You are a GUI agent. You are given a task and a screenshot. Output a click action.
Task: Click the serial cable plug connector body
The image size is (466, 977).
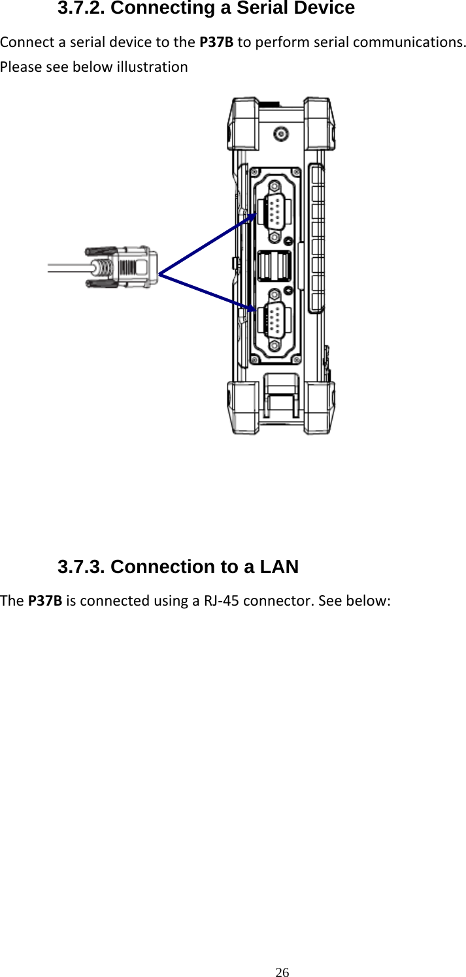[x=134, y=268]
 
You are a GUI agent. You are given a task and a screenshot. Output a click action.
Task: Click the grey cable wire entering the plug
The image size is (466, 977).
[x=69, y=268]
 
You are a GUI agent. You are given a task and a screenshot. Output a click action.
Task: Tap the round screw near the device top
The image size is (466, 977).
[x=282, y=135]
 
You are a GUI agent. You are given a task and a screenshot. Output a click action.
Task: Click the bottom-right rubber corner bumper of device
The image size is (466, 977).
[x=320, y=408]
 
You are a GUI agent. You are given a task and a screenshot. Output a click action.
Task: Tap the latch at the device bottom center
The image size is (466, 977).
[x=282, y=395]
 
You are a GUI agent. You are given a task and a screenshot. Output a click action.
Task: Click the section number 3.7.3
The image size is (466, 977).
[x=82, y=566]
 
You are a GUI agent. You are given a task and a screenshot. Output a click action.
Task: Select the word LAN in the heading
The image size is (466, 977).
[x=279, y=566]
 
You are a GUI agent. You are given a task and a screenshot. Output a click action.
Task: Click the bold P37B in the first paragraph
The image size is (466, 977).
[x=216, y=44]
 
